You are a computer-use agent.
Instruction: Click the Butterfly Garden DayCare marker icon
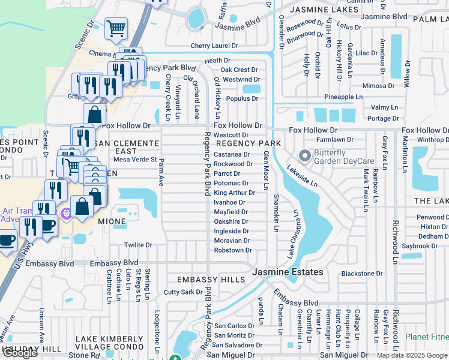click(304, 157)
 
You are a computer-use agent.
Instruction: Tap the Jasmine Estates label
click(288, 272)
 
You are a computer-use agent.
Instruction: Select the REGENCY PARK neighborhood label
click(249, 144)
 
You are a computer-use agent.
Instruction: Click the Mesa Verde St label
click(135, 160)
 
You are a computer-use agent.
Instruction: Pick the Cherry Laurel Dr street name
click(214, 46)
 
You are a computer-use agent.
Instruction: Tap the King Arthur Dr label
click(235, 193)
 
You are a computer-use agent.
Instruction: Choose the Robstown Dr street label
click(232, 250)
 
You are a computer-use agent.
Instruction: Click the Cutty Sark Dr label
click(184, 292)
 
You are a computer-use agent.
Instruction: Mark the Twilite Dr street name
click(138, 245)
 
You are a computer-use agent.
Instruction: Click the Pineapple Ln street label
click(343, 97)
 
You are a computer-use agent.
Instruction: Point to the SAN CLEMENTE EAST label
click(128, 148)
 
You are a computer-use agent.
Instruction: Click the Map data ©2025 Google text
click(411, 355)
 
